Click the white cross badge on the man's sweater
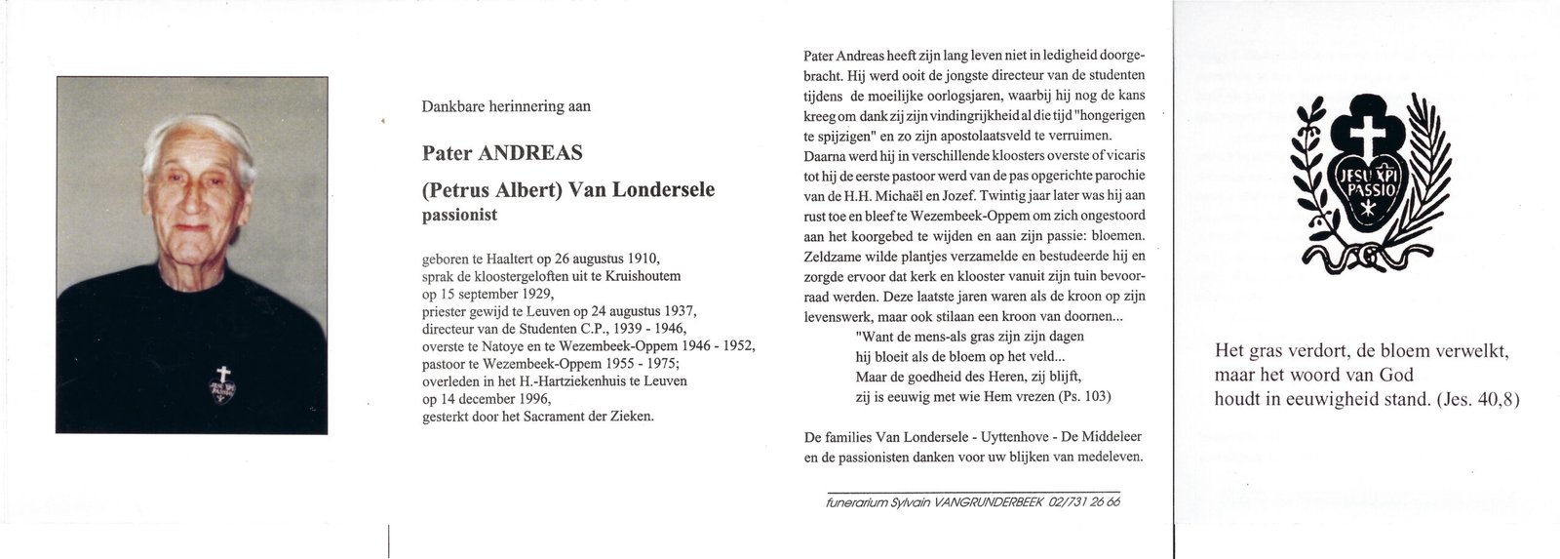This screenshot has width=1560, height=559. (223, 377)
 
